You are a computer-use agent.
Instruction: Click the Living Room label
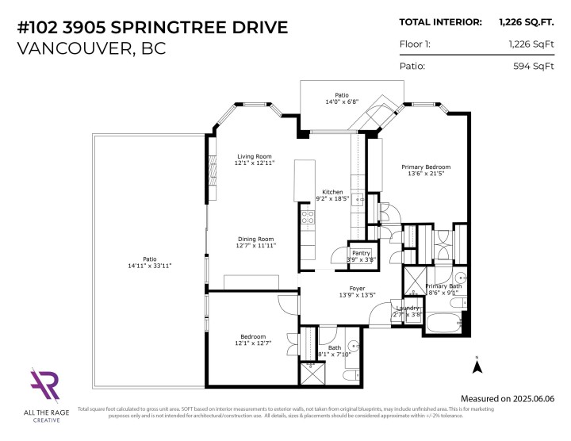point(254,156)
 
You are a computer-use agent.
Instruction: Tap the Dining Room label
point(255,239)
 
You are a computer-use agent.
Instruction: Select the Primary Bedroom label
point(425,167)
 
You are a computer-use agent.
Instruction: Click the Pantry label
point(361,252)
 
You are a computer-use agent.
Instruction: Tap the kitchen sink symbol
point(358,199)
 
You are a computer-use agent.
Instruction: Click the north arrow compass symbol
point(477,366)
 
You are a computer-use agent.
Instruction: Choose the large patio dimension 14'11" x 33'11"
point(146,266)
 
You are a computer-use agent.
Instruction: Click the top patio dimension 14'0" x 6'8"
point(341,102)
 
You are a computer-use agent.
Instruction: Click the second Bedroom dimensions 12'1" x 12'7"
point(253,343)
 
